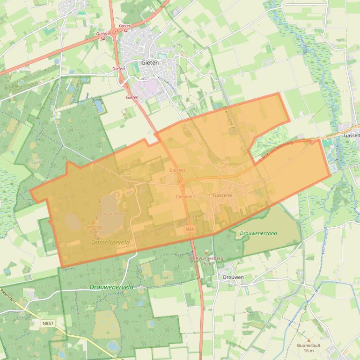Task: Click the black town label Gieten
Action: (150, 62)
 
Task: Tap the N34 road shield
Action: (189, 229)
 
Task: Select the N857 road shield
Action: (48, 323)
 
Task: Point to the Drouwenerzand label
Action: (258, 233)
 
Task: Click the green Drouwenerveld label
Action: (111, 287)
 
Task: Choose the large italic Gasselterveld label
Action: (110, 243)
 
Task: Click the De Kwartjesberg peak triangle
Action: (206, 253)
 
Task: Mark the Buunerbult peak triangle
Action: (309, 340)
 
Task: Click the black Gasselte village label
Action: (222, 195)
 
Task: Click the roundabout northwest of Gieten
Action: (114, 33)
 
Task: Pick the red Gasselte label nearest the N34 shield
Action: (184, 197)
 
